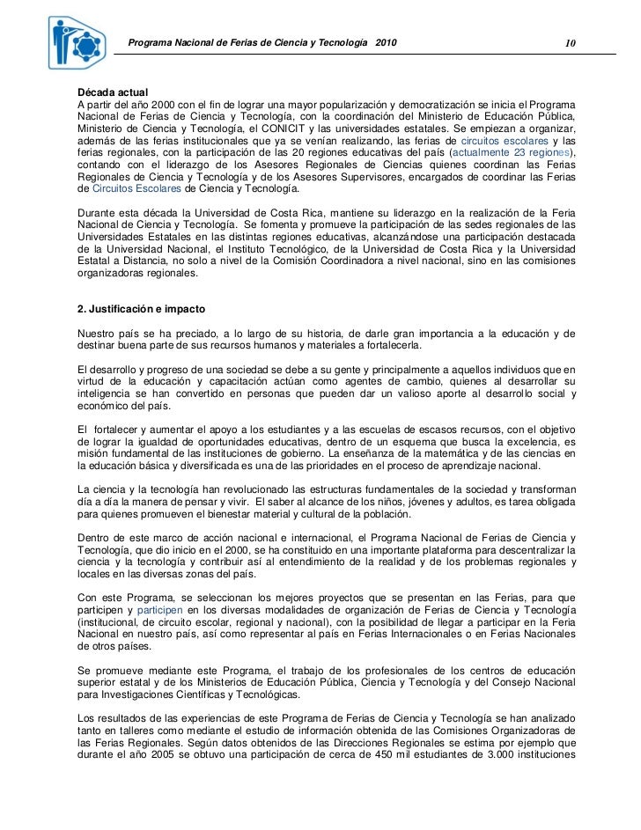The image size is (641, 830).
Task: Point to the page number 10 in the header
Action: pos(571,44)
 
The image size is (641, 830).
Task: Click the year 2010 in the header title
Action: pos(386,43)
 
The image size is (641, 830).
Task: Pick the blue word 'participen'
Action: pos(158,610)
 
